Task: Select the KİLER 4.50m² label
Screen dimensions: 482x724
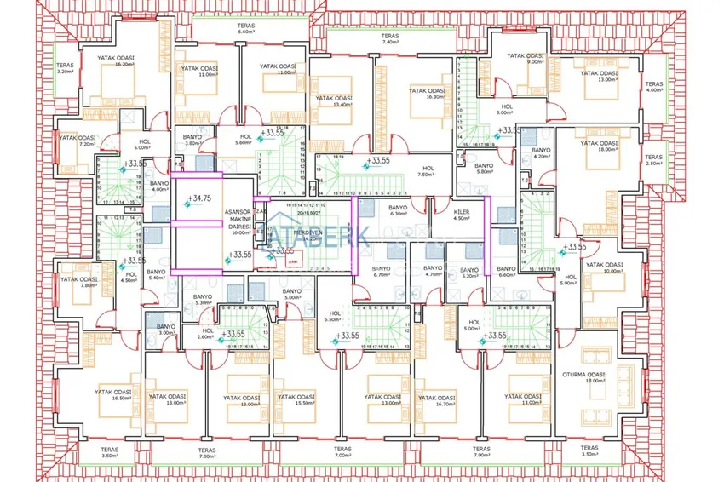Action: [463, 213]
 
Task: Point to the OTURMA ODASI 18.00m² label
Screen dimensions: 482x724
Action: [583, 377]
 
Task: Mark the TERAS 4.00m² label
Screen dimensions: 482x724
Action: [653, 89]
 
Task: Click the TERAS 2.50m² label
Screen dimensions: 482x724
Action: [653, 160]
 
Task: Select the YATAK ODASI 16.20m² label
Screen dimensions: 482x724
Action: [117, 61]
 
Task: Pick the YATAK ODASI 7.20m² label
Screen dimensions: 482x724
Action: [75, 141]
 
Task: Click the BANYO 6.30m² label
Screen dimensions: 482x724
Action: [398, 211]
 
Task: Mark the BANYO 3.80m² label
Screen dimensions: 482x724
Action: [192, 140]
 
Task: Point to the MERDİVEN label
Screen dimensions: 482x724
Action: [305, 235]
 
